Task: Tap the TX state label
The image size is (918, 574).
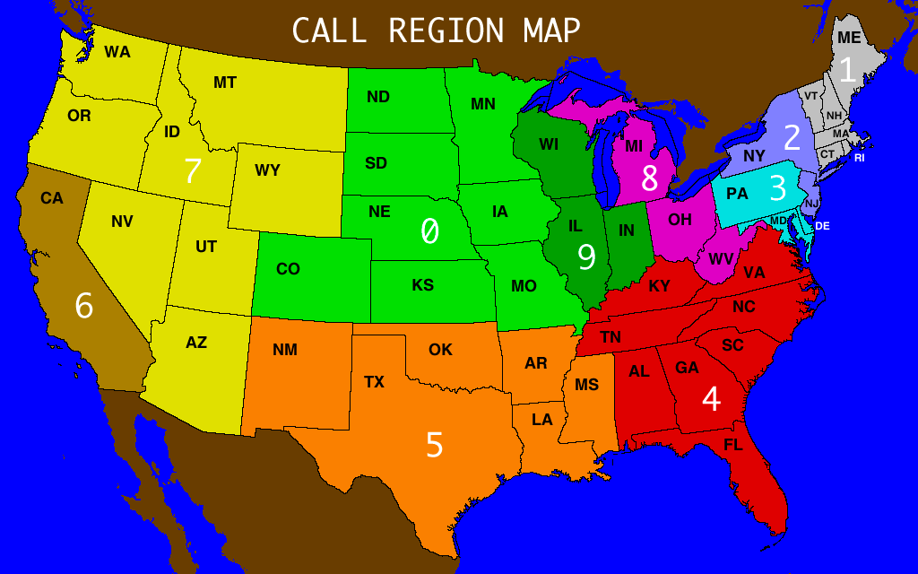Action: tap(374, 382)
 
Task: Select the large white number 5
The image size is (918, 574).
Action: tap(435, 445)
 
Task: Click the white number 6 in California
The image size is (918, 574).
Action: tap(83, 307)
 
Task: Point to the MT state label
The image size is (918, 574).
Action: tap(225, 83)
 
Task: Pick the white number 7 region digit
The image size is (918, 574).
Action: tap(192, 170)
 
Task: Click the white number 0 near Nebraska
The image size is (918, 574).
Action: tap(430, 231)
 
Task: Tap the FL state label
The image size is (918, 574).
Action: tap(732, 444)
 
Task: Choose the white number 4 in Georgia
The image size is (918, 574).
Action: tap(711, 399)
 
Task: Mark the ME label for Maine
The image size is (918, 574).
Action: tap(849, 37)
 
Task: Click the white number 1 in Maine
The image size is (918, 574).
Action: tap(847, 68)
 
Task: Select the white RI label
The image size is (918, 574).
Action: tap(860, 158)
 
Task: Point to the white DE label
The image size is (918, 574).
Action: tap(822, 226)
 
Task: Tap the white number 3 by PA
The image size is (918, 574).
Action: tap(778, 189)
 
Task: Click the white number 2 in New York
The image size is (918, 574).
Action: tap(792, 137)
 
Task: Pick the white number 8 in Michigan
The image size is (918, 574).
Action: tap(650, 179)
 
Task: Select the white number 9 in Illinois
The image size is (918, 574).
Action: tap(586, 257)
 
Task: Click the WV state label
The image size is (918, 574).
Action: tap(721, 258)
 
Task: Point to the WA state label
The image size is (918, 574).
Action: tap(117, 52)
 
